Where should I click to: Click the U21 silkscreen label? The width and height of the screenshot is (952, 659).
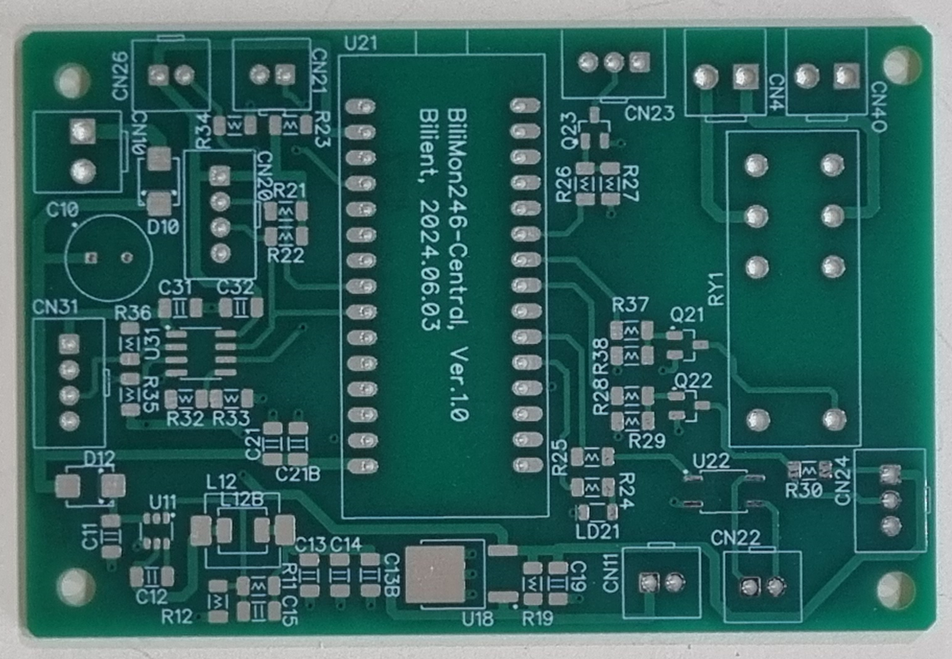tap(360, 43)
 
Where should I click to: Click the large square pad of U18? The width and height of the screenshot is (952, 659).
tap(435, 575)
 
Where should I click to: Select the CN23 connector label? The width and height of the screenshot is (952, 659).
tap(649, 114)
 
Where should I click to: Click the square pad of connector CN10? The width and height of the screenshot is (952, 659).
tap(82, 131)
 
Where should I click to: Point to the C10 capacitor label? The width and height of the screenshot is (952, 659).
tap(62, 211)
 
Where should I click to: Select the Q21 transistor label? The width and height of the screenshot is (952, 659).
tap(687, 315)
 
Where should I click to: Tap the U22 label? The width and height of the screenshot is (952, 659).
tap(711, 461)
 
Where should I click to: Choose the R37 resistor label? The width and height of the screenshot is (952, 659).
tap(630, 305)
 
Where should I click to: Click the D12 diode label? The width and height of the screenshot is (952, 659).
tap(99, 460)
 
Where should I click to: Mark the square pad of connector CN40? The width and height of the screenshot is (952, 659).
tap(846, 76)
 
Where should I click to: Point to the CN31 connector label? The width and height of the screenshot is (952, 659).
tap(55, 307)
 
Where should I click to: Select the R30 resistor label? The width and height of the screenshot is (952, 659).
tap(804, 490)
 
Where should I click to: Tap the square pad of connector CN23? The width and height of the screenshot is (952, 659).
tap(639, 61)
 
